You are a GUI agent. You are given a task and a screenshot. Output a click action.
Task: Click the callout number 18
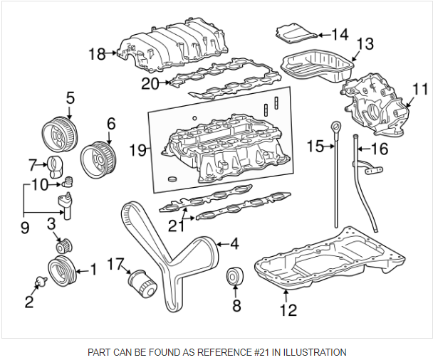pos(96,53)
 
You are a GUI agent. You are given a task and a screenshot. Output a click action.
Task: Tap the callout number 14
pos(339,34)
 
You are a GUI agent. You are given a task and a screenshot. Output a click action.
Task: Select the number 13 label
pos(364,44)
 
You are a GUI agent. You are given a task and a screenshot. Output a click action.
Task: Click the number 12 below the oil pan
pos(288,309)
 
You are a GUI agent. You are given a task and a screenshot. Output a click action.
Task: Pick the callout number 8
pos(236,307)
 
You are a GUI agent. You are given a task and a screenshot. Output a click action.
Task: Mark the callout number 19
pos(137,150)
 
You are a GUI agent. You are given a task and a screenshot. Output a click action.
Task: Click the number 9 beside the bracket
pos(24,228)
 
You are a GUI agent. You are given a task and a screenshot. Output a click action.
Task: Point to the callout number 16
pos(379,149)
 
